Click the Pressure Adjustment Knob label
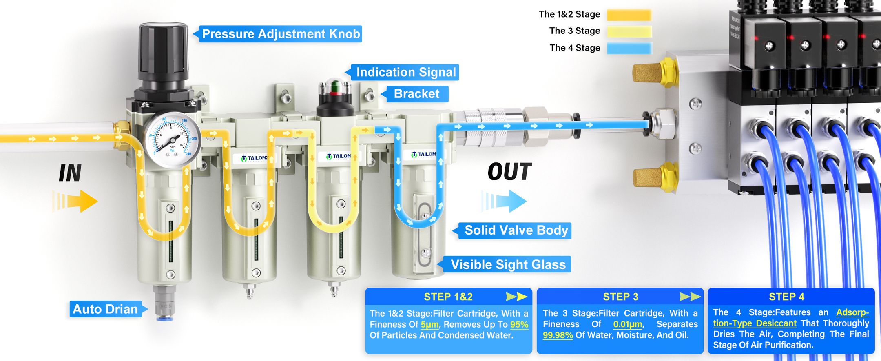281,34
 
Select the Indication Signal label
405,72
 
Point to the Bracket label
416,94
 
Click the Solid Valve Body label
516,230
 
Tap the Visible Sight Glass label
508,265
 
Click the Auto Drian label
105,309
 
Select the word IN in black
70,173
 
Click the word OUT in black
509,172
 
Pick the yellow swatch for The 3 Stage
629,31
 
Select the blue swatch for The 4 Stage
629,48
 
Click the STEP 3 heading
620,297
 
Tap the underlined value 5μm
429,325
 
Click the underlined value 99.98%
558,335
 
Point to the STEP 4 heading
786,297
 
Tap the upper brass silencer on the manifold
653,73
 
